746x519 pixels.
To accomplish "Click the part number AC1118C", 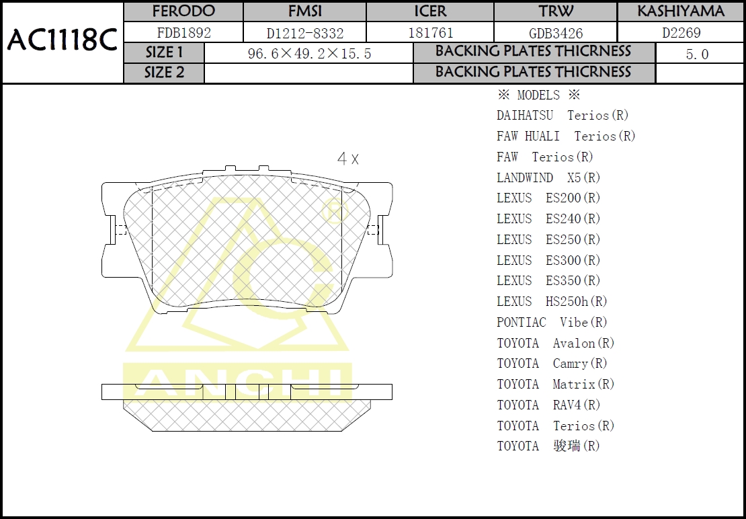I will click(62, 42).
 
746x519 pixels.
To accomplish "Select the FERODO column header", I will click(183, 11).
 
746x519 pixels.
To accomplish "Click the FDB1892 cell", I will click(183, 33).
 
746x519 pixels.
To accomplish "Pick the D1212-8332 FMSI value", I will click(304, 33).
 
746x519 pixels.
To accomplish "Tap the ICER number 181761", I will click(430, 33).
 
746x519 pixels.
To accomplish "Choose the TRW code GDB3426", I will click(556, 33).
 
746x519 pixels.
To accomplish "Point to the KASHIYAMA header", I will click(680, 11).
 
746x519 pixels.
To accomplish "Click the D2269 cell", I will click(680, 33).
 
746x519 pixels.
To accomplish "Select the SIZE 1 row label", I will click(164, 53).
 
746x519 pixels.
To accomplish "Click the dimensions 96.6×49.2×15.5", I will click(309, 54).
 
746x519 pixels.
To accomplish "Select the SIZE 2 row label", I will click(164, 73).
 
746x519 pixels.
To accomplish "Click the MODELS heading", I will click(538, 95).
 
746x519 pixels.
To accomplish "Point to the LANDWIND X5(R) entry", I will click(548, 178).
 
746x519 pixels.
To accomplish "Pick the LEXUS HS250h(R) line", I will click(552, 302).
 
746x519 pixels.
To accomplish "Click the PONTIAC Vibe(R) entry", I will click(552, 323).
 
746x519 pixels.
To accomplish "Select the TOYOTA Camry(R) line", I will click(552, 364).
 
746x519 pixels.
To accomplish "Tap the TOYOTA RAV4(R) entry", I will click(548, 405).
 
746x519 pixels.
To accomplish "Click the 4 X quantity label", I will click(347, 159).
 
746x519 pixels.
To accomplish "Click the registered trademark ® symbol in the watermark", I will click(335, 213).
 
